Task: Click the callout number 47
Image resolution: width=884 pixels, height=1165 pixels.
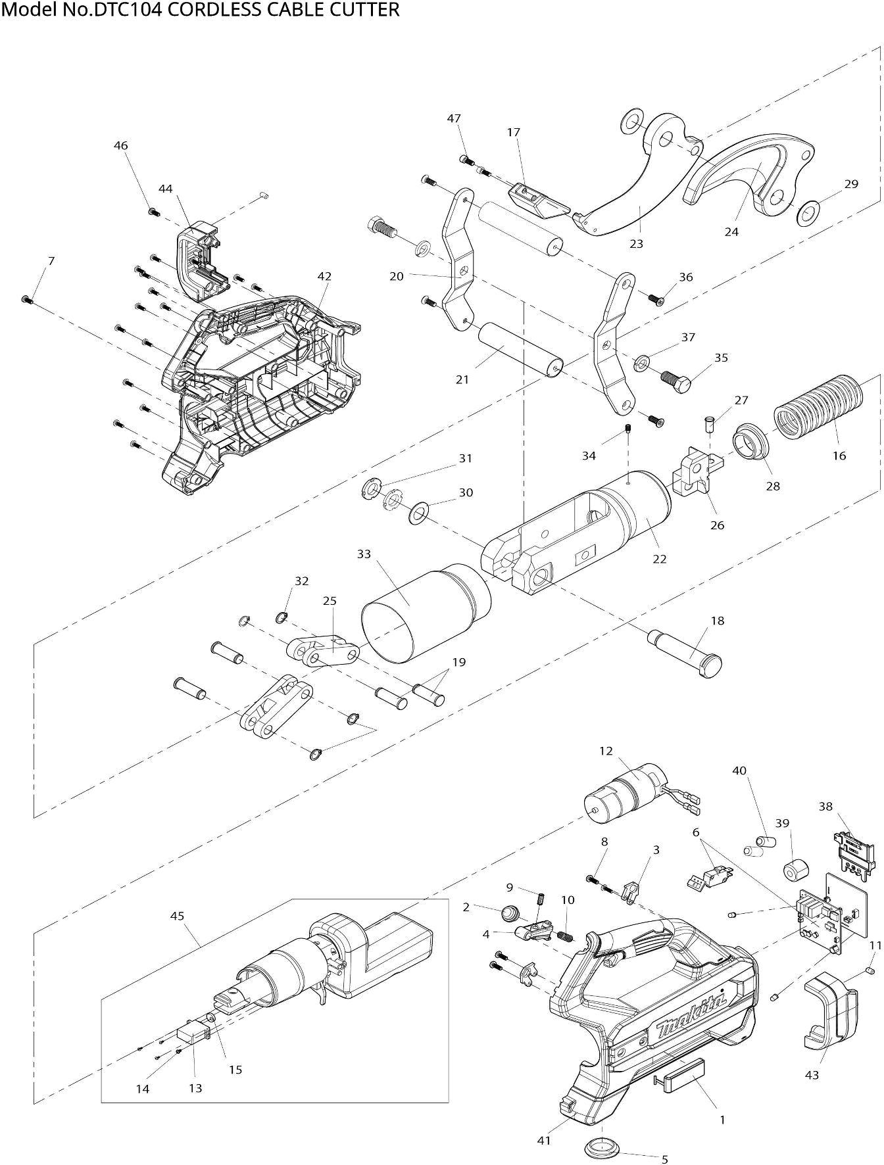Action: [x=454, y=118]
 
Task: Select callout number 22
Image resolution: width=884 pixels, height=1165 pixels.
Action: [x=660, y=559]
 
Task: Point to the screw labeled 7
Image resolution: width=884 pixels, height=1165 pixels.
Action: [x=27, y=300]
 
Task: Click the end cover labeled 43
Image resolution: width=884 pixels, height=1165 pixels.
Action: [x=831, y=1009]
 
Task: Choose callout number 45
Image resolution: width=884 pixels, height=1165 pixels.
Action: [x=178, y=915]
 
